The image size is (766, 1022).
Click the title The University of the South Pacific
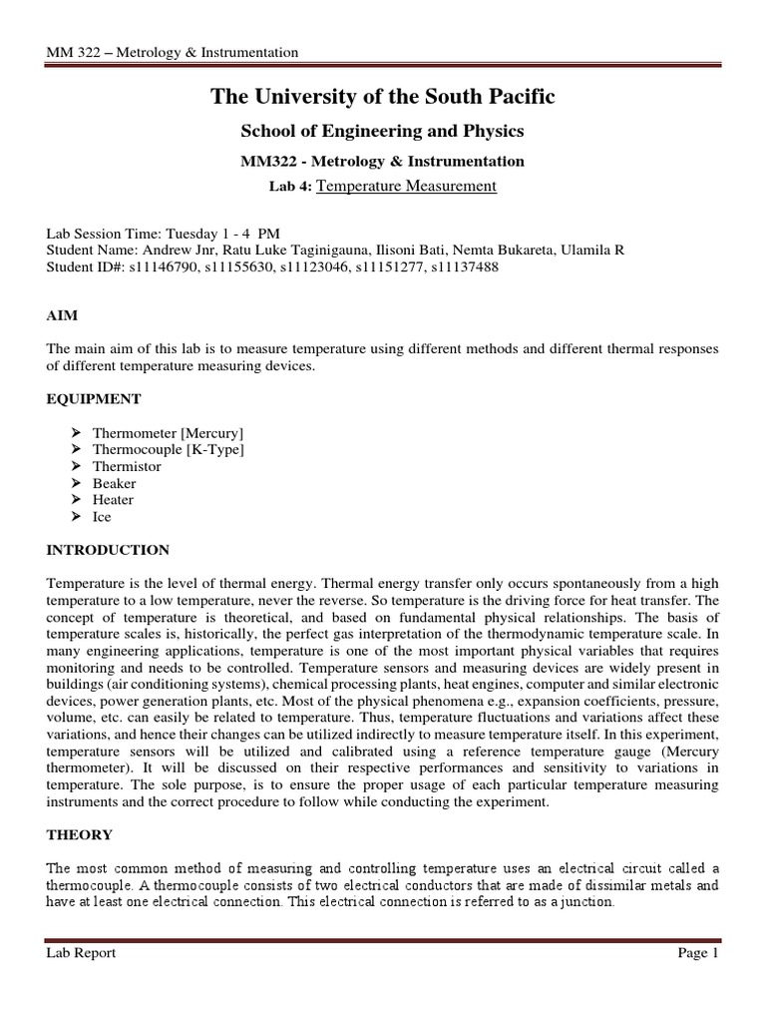(x=382, y=97)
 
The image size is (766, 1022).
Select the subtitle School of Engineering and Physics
(x=382, y=131)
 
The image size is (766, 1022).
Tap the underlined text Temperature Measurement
(x=405, y=185)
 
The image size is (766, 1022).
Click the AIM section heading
(x=62, y=314)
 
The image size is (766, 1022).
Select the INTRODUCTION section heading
(x=108, y=550)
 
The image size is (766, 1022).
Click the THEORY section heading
(x=79, y=834)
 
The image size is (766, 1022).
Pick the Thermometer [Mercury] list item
(x=168, y=433)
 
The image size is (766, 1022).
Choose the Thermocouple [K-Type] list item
(x=169, y=450)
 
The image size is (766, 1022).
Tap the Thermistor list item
(x=127, y=466)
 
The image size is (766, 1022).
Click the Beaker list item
(x=115, y=483)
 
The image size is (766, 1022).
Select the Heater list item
(x=113, y=500)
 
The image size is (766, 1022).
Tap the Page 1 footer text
(x=697, y=953)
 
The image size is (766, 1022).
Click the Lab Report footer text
(x=81, y=953)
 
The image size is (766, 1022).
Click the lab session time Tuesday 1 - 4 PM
(x=222, y=233)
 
